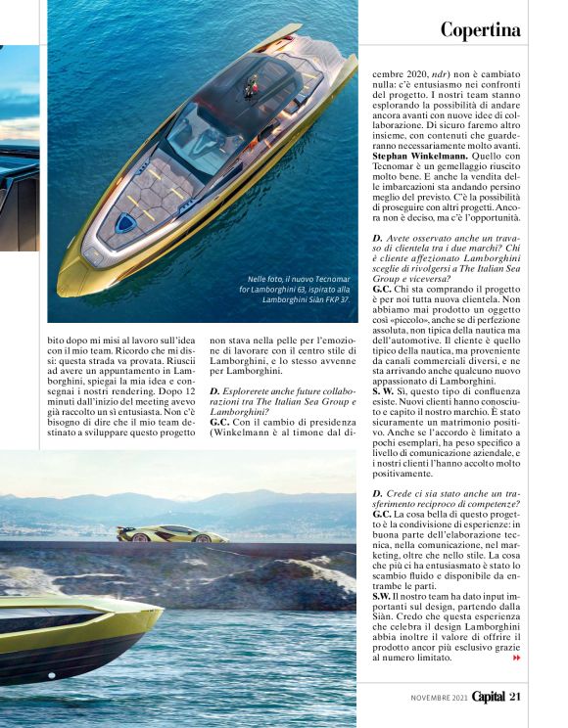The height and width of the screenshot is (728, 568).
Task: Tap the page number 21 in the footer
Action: coord(515,696)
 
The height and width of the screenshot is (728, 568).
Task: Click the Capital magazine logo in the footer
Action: coord(487,696)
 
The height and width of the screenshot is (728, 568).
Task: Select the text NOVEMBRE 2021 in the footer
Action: coord(437,697)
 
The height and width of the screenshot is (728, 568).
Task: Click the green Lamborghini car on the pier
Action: coord(172,533)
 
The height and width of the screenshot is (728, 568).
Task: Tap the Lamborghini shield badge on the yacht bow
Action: coord(125,224)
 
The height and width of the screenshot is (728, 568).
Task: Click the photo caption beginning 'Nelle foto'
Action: coord(299,289)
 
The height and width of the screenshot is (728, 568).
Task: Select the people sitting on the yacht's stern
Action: coord(252,90)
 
